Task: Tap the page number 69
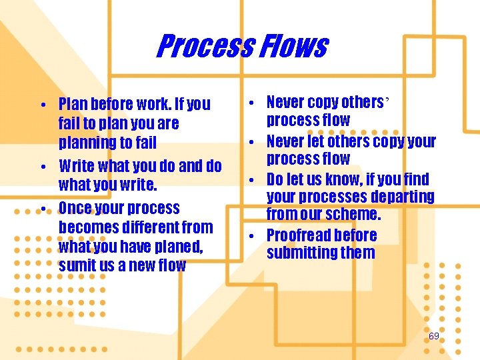434,336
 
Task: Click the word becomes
88,227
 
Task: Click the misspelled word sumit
76,266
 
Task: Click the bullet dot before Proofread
255,235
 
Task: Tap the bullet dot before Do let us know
255,179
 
